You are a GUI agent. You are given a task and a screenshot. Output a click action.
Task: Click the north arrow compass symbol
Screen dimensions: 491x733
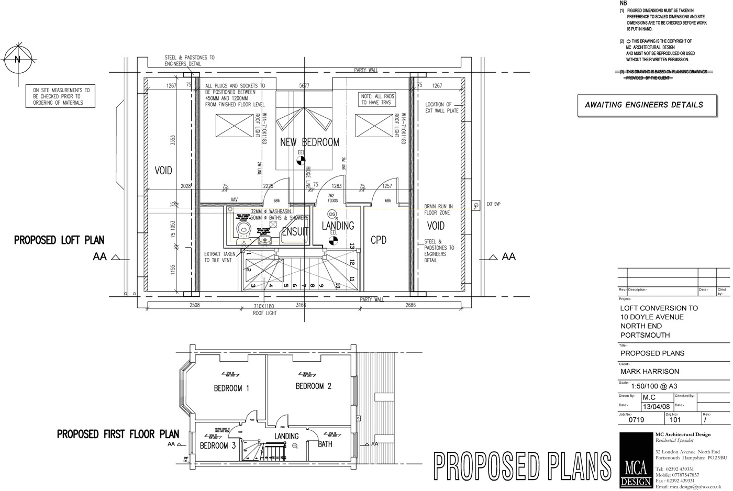(17, 60)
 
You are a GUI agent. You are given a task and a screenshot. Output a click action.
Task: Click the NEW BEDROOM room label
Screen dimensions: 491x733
(309, 142)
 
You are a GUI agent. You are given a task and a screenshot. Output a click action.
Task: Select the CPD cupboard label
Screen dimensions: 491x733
(379, 240)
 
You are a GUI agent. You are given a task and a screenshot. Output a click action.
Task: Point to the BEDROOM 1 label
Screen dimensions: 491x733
(231, 388)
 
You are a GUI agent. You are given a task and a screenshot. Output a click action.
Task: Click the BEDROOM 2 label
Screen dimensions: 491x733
(314, 386)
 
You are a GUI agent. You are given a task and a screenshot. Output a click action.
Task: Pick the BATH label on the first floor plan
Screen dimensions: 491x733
(325, 444)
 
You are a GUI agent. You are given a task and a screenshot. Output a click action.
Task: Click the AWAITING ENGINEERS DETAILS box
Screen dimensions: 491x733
(643, 105)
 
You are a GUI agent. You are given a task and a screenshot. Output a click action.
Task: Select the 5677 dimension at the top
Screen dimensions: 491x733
(304, 86)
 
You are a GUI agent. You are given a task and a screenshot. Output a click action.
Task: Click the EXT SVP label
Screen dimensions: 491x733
(493, 204)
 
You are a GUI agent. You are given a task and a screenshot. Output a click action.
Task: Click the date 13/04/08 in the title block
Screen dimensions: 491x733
(656, 407)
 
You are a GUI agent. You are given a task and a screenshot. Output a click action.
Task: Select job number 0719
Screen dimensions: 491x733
(636, 419)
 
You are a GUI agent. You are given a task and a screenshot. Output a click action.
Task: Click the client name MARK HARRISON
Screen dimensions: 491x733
(649, 372)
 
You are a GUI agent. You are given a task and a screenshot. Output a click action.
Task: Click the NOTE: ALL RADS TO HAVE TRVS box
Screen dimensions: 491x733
(377, 99)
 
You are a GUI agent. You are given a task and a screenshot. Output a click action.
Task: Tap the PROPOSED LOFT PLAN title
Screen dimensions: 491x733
(59, 240)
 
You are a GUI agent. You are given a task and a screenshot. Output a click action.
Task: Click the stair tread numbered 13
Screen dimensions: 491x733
(352, 246)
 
